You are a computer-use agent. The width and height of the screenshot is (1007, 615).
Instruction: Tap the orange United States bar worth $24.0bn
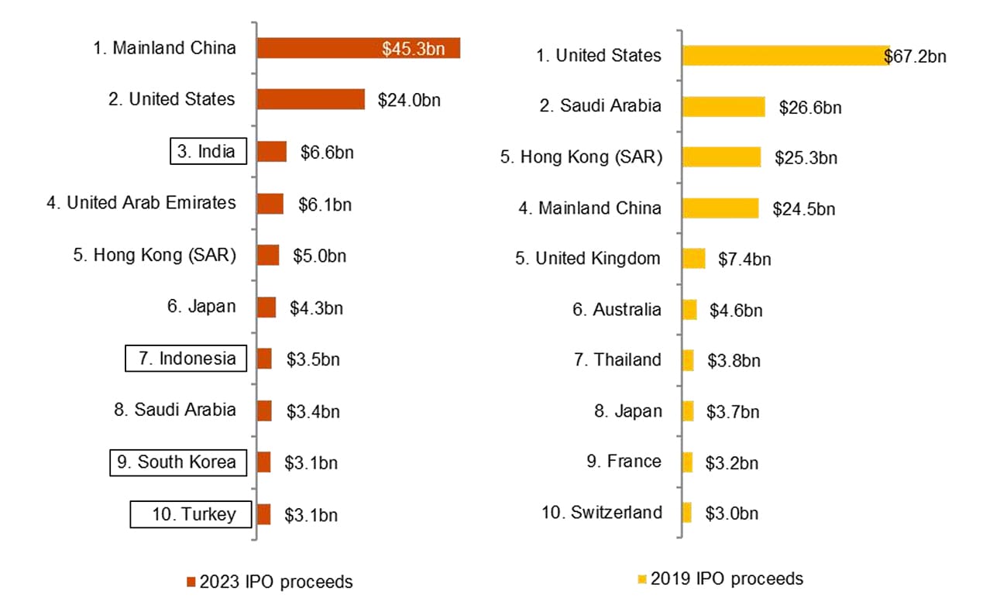311,99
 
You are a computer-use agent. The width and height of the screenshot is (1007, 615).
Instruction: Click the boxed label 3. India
208,151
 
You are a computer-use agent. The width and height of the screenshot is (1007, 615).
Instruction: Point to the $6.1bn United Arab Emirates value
325,204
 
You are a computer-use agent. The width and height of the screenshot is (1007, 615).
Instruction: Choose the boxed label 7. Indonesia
186,359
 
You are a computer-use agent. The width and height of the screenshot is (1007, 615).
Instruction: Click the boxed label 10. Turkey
191,514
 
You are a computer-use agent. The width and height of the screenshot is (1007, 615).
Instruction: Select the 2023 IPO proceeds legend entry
270,581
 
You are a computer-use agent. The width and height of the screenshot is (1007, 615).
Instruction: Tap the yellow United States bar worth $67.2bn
785,55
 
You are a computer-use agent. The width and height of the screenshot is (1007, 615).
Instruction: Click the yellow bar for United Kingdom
694,259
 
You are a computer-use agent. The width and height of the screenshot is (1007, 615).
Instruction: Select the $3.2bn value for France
731,462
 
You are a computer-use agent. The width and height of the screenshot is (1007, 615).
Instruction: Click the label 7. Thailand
617,360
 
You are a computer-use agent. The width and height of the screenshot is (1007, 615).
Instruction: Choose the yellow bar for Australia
689,310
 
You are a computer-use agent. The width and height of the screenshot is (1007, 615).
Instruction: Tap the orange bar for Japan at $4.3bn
266,307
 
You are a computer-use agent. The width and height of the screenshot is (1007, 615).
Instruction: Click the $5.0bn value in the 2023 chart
319,256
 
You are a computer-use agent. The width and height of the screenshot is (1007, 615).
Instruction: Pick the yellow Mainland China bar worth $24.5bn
720,208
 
